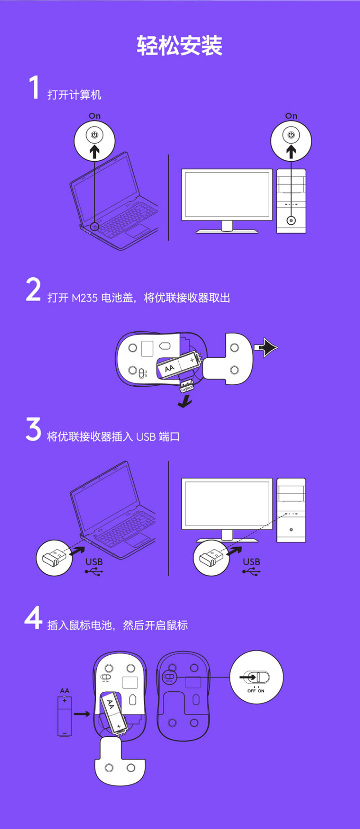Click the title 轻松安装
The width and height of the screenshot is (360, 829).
[180, 45]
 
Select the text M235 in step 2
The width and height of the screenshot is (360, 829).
[84, 298]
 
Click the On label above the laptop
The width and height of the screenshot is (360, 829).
[94, 116]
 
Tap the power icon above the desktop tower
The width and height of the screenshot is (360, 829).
[291, 135]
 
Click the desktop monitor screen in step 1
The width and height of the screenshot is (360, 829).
[227, 194]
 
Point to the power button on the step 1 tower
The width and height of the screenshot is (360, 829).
[291, 221]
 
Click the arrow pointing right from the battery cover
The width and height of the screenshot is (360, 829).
[266, 347]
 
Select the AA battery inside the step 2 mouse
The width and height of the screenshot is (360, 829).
[178, 365]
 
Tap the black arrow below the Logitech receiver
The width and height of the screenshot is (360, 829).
[184, 401]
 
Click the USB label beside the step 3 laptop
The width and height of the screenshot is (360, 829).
[94, 562]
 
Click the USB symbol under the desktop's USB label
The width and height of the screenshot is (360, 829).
[251, 572]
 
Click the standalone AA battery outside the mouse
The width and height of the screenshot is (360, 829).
[64, 716]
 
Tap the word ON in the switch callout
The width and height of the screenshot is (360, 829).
[261, 691]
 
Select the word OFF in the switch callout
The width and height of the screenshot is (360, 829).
[251, 691]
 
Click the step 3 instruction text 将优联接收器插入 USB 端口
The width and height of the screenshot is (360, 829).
[113, 437]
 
